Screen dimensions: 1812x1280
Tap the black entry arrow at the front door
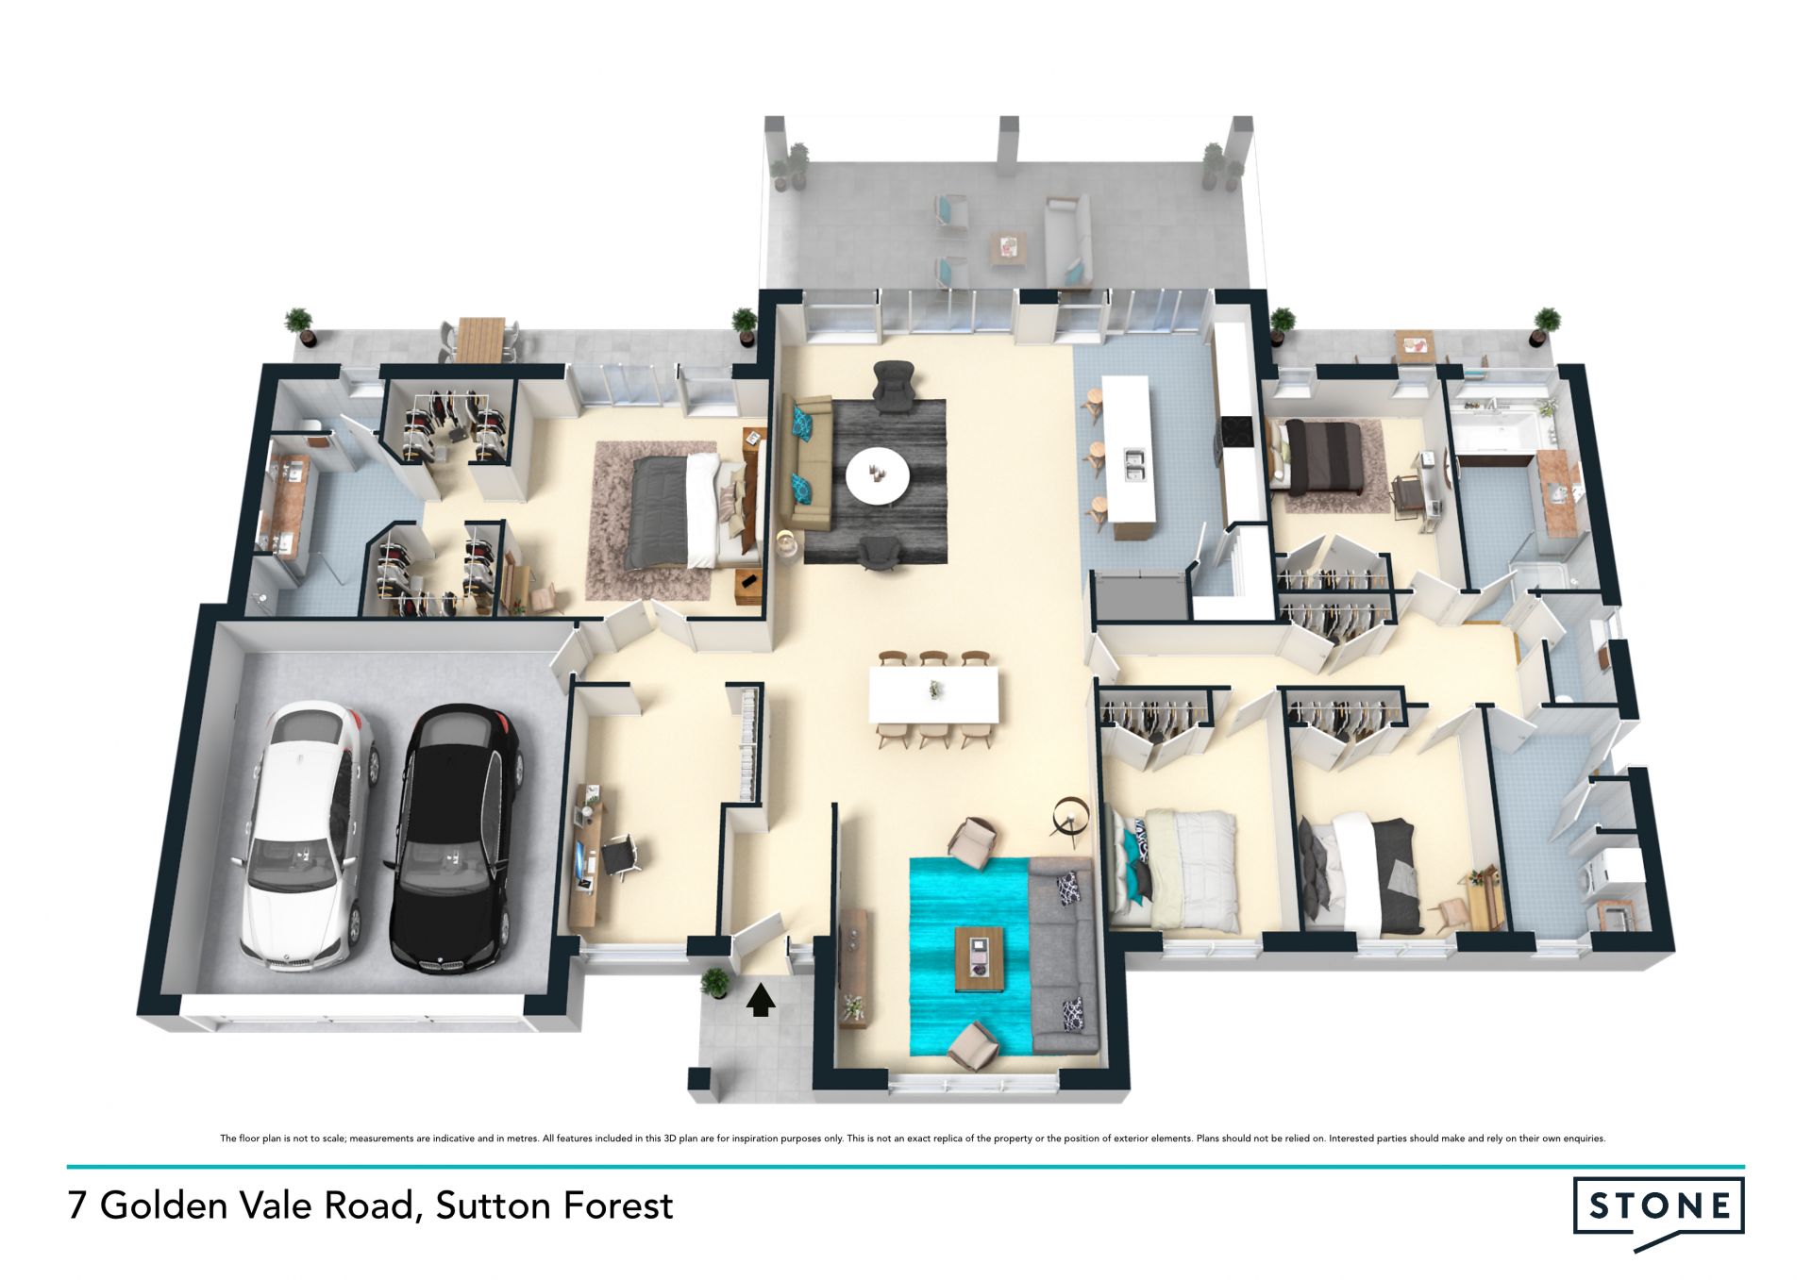pyautogui.click(x=761, y=999)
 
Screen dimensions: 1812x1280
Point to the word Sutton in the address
pyautogui.click(x=494, y=1205)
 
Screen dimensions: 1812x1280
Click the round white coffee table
pyautogui.click(x=878, y=475)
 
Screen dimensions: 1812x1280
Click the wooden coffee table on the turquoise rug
pyautogui.click(x=981, y=959)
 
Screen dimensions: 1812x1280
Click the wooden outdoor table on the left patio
pyautogui.click(x=480, y=338)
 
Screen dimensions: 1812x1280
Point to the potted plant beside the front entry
pyautogui.click(x=715, y=984)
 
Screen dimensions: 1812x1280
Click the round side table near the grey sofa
pyautogui.click(x=1070, y=817)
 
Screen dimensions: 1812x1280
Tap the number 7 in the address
pyautogui.click(x=77, y=1206)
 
